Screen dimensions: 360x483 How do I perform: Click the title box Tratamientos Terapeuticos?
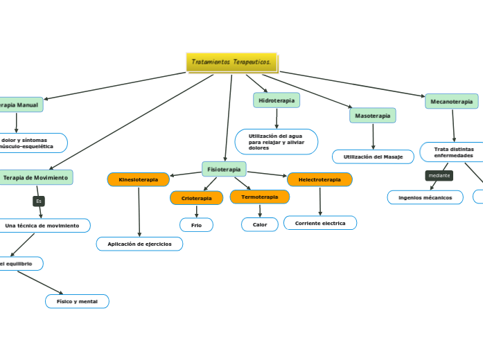231,62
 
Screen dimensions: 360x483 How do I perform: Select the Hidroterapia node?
276,100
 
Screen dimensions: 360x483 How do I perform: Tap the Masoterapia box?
373,116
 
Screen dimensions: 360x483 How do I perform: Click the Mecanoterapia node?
451,101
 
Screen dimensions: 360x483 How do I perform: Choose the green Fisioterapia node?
224,169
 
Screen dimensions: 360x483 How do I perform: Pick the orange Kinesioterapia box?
138,179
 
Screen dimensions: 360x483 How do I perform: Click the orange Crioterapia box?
196,198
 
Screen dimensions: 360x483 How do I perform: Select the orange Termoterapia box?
259,197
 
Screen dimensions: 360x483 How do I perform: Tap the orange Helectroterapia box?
319,179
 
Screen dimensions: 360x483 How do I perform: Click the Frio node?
196,224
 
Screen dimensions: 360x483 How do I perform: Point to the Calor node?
260,224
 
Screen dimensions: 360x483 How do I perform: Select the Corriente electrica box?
320,223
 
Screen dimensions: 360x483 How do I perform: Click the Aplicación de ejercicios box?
139,244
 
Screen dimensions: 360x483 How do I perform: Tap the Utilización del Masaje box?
373,157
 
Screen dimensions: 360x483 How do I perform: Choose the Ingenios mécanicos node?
425,197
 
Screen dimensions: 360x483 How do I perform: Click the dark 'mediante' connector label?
439,176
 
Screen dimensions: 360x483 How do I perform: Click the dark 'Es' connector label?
39,201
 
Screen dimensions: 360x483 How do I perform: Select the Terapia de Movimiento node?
35,178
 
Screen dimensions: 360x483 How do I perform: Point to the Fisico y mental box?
77,301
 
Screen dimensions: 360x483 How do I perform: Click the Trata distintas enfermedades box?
453,152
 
